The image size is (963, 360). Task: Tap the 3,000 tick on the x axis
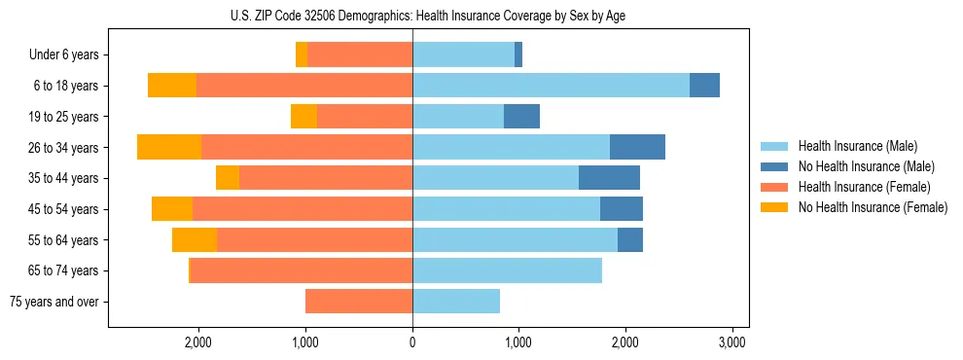coord(731,342)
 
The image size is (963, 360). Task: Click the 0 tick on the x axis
coord(412,342)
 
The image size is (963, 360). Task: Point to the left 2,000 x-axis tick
coord(198,342)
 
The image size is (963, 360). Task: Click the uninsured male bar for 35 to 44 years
coord(609,178)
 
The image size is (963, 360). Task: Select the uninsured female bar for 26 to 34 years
coord(169,147)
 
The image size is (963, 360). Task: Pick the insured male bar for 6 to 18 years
coord(551,86)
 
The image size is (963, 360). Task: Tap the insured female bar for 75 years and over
coord(359,302)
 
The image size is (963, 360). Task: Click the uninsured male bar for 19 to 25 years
coord(521,117)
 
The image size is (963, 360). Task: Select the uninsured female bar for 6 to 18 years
coord(172,86)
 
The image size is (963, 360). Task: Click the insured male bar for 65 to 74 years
coord(507,270)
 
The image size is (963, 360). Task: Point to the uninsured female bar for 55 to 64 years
coord(195,239)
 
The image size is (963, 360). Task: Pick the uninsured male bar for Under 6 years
coord(518,54)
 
